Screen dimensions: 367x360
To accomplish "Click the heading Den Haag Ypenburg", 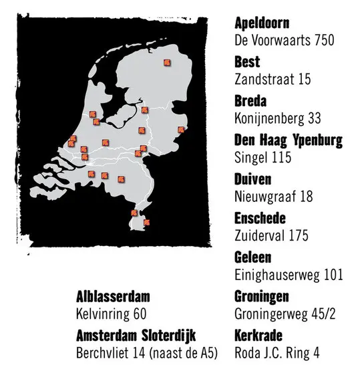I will (289, 141).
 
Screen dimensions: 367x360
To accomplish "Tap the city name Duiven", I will (252, 180).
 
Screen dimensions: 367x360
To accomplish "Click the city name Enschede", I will (260, 219).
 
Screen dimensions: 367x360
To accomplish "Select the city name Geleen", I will (252, 258).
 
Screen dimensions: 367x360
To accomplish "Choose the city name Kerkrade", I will (259, 336).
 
